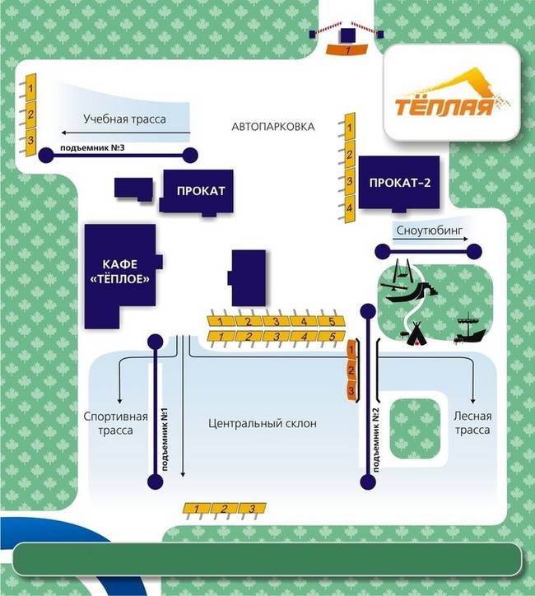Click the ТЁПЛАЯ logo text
tap(444, 107)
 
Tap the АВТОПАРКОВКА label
tap(273, 127)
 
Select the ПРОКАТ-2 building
tap(399, 183)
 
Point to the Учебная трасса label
tap(124, 119)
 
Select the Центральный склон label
tap(263, 423)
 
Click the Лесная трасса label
tap(472, 423)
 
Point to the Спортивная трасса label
tap(115, 423)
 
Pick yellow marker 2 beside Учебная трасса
tap(30, 114)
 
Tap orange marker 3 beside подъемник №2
tap(351, 390)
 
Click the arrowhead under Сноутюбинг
tap(472, 249)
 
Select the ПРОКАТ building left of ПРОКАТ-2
tap(200, 191)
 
